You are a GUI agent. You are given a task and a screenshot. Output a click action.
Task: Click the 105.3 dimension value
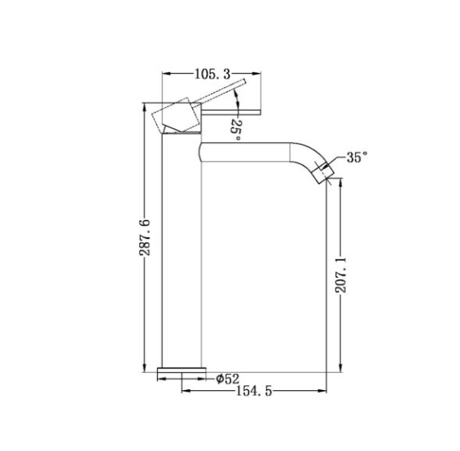[x=212, y=74]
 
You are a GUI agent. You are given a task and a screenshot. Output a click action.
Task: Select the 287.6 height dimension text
[x=145, y=237]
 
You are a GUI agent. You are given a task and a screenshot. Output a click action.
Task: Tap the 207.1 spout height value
[x=341, y=275]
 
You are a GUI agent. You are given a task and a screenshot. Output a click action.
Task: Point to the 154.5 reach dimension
[x=254, y=391]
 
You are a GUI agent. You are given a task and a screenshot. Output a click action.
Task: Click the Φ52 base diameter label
[x=228, y=379]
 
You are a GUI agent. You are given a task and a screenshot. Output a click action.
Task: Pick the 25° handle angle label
[x=235, y=129]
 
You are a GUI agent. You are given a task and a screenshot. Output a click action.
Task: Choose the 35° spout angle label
[x=357, y=158]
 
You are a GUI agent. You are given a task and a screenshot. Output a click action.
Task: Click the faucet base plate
[x=182, y=371]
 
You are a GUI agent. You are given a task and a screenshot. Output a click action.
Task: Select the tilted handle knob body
[x=177, y=115]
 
